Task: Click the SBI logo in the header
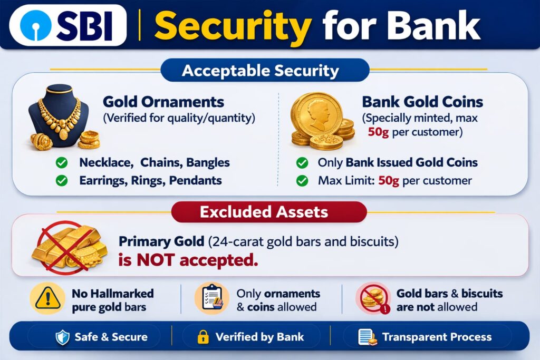68,25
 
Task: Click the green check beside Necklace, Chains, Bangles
62,162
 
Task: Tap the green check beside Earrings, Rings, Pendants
62,180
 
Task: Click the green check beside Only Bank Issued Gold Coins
302,162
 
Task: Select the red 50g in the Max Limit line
389,180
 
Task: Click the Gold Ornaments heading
163,102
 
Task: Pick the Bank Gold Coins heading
422,102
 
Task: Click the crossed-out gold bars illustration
69,247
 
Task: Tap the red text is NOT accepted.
188,260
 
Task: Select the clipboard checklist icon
212,298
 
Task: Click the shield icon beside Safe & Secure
63,337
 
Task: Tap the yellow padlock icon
203,337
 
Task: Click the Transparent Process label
437,337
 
